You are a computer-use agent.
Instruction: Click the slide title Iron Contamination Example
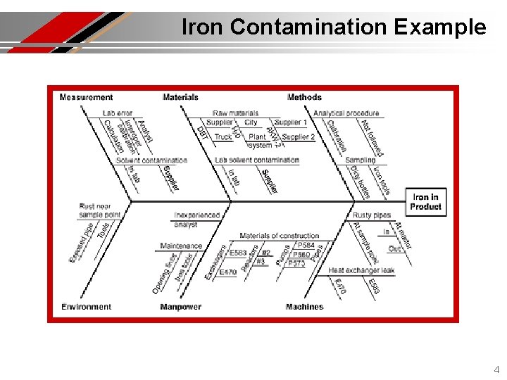(x=334, y=27)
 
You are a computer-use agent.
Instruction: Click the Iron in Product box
(x=427, y=202)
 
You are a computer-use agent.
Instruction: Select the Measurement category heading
(x=86, y=97)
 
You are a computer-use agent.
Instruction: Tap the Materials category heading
(x=180, y=97)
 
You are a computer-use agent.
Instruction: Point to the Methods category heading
(x=304, y=97)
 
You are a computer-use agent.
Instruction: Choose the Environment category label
(x=86, y=307)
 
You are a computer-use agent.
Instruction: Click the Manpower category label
(x=180, y=307)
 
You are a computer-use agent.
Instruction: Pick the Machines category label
(x=304, y=307)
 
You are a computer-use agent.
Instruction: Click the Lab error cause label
(x=117, y=113)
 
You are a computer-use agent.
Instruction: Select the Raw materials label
(x=236, y=113)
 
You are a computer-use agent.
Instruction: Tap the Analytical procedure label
(x=346, y=113)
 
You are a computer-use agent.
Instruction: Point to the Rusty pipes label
(x=371, y=215)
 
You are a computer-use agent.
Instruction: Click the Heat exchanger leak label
(x=361, y=270)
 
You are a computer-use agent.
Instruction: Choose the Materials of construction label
(x=279, y=236)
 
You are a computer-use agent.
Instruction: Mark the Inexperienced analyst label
(x=196, y=220)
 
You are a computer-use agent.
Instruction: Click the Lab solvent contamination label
(x=256, y=160)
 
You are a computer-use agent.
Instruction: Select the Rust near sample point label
(x=100, y=210)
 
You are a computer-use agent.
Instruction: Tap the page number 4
(x=496, y=369)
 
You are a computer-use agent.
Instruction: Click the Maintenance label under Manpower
(x=181, y=246)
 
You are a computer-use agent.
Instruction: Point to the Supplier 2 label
(x=298, y=137)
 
